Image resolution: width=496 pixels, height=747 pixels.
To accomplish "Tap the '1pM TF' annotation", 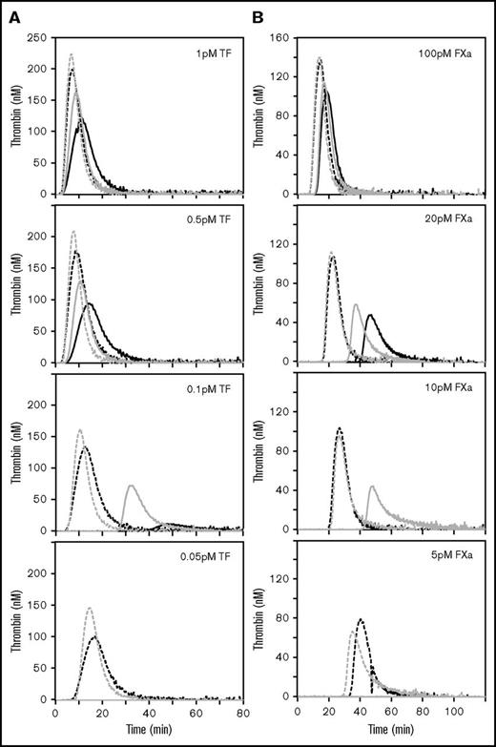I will coord(217,55).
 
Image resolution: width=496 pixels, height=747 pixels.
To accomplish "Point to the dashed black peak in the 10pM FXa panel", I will coord(339,428).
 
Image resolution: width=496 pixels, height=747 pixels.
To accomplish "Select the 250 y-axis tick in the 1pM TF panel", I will coord(39,38).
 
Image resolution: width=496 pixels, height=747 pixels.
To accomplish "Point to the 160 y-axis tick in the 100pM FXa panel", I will coord(285,38).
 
